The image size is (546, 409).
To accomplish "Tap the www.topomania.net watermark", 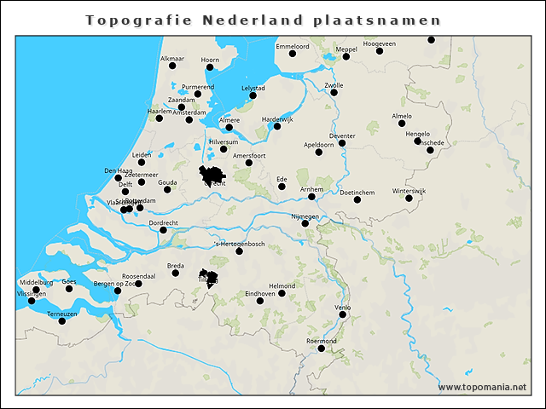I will tap(482, 387).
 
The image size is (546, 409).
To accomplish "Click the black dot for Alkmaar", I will tap(172, 66).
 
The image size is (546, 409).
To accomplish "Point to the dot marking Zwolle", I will tap(334, 92).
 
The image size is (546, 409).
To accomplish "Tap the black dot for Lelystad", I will tap(253, 95).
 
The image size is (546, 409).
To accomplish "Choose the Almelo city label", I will tap(401, 115).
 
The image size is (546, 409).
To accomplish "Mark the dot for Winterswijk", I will tap(409, 199).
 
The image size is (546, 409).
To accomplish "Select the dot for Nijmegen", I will tap(305, 224).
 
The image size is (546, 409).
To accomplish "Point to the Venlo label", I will tap(342, 307).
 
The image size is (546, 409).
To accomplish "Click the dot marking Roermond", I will tap(322, 348).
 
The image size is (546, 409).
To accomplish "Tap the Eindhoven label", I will tap(260, 293).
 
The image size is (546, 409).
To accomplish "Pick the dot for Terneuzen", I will tap(62, 321).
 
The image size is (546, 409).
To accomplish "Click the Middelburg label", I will tap(36, 282).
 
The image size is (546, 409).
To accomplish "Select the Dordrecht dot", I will tap(163, 230).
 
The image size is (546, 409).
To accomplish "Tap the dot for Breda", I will tap(176, 273).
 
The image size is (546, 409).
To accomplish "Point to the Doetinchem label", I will tap(357, 193).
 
